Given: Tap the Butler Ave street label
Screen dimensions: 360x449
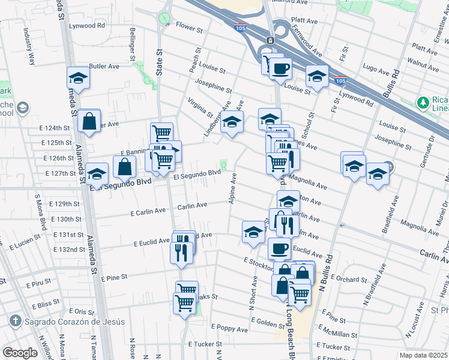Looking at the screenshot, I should [x=104, y=67].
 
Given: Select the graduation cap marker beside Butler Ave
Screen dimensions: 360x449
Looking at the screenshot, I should [x=78, y=78].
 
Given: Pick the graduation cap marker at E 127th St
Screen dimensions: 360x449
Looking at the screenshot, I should [x=97, y=175].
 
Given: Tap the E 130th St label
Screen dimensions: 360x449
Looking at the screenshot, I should [x=66, y=220].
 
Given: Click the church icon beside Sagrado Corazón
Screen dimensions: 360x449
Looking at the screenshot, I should [x=15, y=322].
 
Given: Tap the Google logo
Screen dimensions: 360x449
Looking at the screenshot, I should [x=20, y=353].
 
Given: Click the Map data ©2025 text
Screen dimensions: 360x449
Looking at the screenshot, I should [x=423, y=355].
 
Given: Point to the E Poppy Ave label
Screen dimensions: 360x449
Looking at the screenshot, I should [x=229, y=329].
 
